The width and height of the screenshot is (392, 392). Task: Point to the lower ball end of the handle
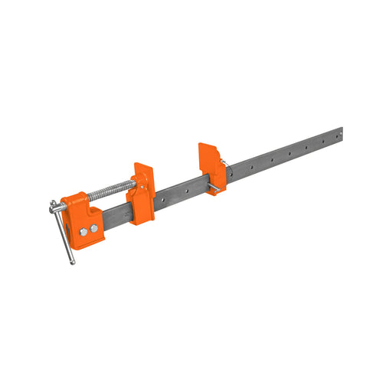[73, 263]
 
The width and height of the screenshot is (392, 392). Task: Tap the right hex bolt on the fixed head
[93, 228]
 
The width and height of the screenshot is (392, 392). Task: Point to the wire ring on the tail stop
[225, 163]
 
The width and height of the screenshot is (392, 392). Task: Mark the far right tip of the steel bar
[341, 133]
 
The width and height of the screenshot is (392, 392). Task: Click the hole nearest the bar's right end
[331, 137]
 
